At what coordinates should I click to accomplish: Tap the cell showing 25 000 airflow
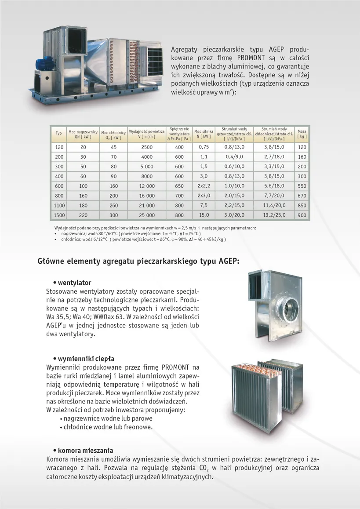[147, 215]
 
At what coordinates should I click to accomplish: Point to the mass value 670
[302, 196]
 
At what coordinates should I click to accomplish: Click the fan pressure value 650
[179, 186]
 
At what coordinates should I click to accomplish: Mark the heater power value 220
[83, 215]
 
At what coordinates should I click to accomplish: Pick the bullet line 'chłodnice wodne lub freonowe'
[108, 427]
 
